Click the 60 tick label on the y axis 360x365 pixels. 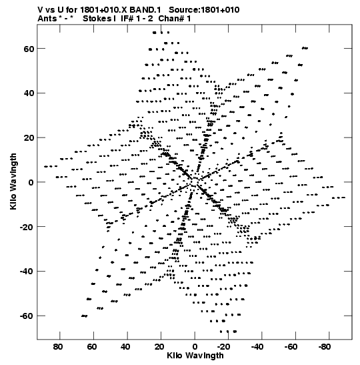click(x=29, y=49)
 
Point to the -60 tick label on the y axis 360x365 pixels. click(x=27, y=316)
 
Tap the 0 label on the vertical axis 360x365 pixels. click(x=31, y=183)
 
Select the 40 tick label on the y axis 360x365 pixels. click(x=29, y=93)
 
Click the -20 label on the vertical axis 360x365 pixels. click(x=27, y=227)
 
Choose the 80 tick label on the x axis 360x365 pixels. click(x=58, y=347)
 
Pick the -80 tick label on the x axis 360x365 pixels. click(x=325, y=347)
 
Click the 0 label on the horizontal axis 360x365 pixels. click(x=195, y=347)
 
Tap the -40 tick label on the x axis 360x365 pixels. click(x=257, y=347)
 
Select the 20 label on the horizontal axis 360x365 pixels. click(x=159, y=347)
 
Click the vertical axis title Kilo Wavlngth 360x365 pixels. click(x=13, y=181)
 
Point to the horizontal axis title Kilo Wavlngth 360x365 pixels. click(x=195, y=356)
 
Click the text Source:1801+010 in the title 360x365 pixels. click(x=204, y=10)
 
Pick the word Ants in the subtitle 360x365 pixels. click(x=47, y=19)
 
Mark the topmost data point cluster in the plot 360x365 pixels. click(x=161, y=33)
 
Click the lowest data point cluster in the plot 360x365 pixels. click(x=229, y=331)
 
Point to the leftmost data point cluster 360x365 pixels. click(x=51, y=166)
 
